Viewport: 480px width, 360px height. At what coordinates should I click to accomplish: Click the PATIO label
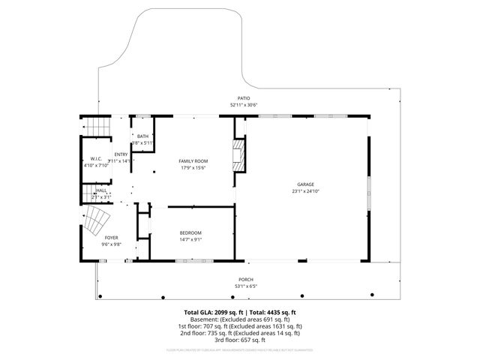[x=243, y=99]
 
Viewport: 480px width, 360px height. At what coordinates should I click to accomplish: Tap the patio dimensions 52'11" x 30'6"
[x=243, y=105]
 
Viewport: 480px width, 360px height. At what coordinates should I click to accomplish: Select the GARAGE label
[x=305, y=184]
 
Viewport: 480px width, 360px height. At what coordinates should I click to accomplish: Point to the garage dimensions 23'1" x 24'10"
[x=305, y=190]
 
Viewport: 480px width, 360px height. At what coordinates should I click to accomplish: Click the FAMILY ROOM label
[x=193, y=161]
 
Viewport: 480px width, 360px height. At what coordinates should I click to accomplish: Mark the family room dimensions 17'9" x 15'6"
[x=193, y=168]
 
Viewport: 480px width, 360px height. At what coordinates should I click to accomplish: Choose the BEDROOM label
[x=190, y=233]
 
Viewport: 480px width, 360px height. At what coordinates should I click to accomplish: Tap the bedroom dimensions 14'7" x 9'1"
[x=190, y=240]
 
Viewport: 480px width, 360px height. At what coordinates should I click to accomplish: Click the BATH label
[x=142, y=136]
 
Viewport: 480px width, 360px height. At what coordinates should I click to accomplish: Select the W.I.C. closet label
[x=96, y=158]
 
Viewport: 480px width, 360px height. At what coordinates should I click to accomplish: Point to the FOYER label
[x=111, y=238]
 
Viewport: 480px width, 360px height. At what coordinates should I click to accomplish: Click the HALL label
[x=101, y=190]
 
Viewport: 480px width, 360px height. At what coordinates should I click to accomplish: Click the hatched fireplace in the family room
[x=239, y=154]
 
